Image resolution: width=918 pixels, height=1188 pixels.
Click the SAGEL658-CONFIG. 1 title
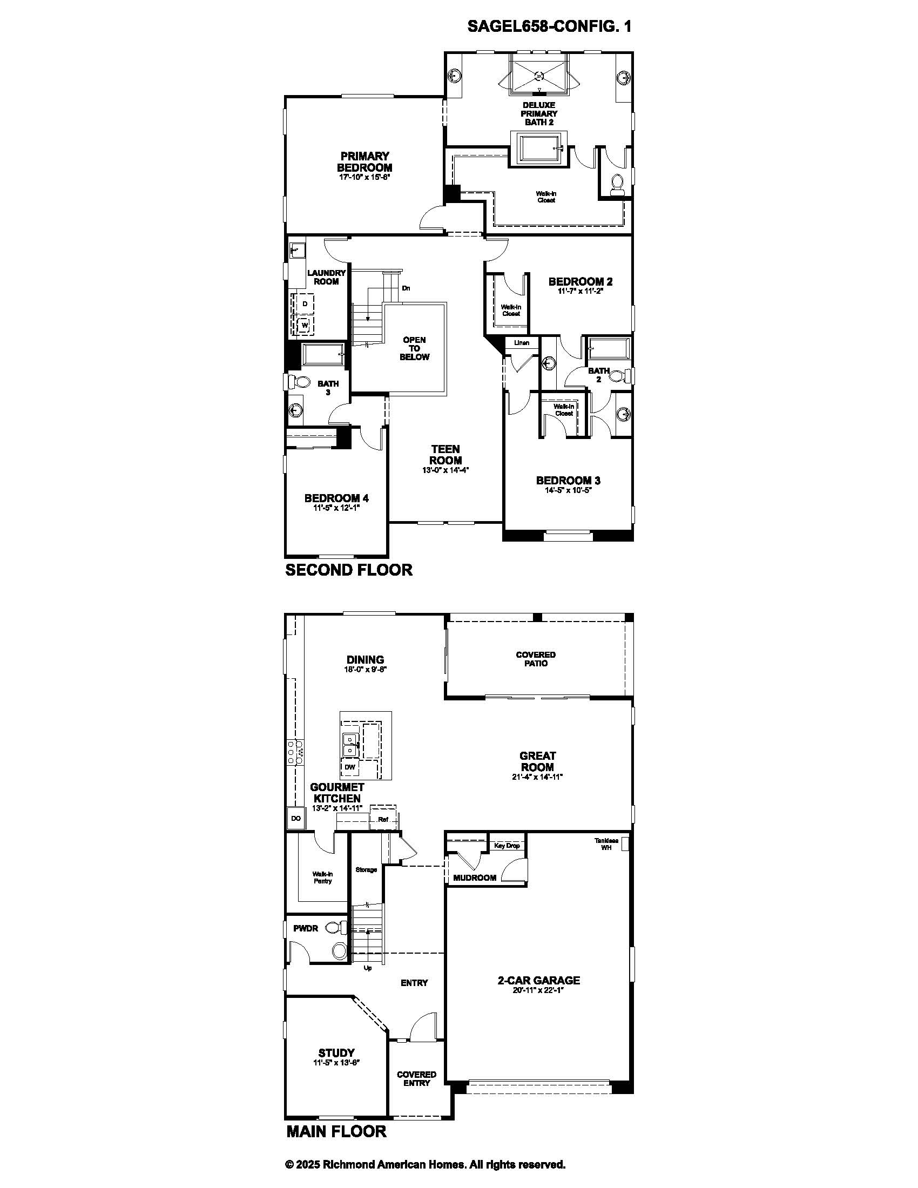[549, 26]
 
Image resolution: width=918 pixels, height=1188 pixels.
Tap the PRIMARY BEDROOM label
[364, 162]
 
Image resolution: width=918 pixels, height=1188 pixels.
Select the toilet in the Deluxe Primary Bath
[617, 185]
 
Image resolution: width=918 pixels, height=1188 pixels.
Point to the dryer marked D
[304, 303]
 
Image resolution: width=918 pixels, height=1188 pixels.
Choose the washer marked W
[304, 325]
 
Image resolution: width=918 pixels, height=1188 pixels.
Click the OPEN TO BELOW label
[414, 349]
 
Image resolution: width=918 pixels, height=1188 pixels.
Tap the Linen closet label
[522, 343]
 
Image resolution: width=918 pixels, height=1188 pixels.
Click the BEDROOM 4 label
[336, 498]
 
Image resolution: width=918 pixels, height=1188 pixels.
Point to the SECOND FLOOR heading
[349, 570]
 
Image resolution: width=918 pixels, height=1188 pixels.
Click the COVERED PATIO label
[536, 659]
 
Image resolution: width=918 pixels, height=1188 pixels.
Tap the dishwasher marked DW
[350, 767]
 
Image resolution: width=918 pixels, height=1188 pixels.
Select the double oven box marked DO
[296, 818]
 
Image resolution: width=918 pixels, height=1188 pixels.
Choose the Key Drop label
[507, 845]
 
